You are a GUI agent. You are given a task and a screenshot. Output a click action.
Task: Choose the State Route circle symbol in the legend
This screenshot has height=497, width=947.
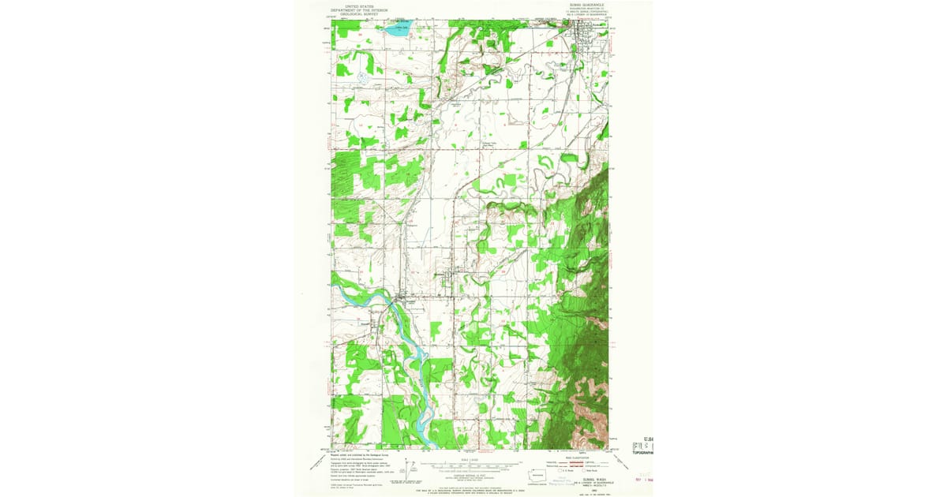point(583,471)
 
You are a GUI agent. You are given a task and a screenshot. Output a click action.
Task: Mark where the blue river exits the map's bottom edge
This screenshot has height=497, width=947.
point(423,447)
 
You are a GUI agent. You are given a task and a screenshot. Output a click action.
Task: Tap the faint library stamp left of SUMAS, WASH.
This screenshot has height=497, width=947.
point(562,481)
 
